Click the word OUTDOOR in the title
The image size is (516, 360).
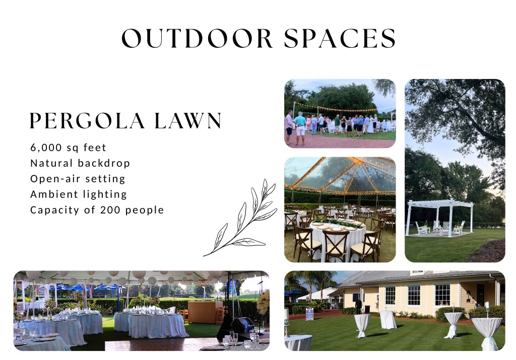click(x=197, y=38)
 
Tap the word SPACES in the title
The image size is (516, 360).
click(x=340, y=38)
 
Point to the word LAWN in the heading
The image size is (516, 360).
click(x=188, y=120)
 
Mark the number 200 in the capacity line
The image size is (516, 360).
click(x=110, y=210)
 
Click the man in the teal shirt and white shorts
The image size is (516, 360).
click(x=300, y=128)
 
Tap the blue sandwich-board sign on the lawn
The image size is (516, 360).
click(x=310, y=314)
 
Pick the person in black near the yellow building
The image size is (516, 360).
click(x=359, y=306)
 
